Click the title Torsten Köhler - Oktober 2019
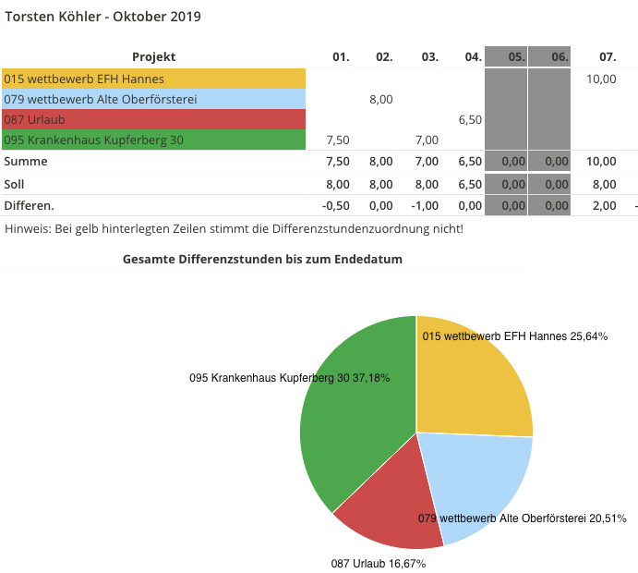(103, 17)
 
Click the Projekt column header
(153, 56)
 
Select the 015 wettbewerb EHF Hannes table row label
(84, 79)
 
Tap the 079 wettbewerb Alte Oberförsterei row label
(101, 99)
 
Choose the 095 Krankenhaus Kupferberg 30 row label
(93, 140)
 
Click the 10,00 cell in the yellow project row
(601, 79)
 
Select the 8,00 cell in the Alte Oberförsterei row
(381, 99)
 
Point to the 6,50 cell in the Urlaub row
(470, 119)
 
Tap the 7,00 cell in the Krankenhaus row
(426, 140)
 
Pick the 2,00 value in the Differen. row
(604, 205)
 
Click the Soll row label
(14, 183)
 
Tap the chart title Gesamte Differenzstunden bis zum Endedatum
(262, 260)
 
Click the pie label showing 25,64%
(514, 336)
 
